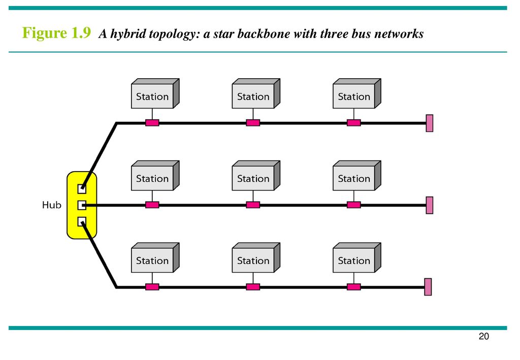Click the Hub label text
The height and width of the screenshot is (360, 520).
click(51, 205)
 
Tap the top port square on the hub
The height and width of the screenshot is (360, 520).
click(82, 189)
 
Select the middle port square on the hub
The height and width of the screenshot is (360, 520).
click(82, 205)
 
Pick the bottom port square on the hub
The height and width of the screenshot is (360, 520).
click(82, 221)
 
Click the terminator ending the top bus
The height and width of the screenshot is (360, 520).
click(430, 123)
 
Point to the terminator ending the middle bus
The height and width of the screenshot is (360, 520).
click(430, 205)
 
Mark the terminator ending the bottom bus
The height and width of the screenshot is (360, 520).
click(428, 287)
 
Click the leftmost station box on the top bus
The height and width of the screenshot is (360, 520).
click(152, 96)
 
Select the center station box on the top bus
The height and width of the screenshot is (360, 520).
click(253, 96)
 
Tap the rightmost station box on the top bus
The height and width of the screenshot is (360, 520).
click(354, 96)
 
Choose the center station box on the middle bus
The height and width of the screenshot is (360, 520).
click(253, 179)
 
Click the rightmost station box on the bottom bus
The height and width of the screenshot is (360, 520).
click(354, 260)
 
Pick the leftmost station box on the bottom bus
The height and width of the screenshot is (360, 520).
click(152, 260)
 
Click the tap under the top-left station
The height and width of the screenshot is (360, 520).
click(152, 123)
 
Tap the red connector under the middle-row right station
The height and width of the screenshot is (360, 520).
click(354, 205)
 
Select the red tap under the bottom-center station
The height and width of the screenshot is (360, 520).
click(253, 287)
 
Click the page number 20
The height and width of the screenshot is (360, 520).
click(483, 337)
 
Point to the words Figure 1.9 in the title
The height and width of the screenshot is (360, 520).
click(56, 34)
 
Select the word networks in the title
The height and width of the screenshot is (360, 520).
click(398, 35)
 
